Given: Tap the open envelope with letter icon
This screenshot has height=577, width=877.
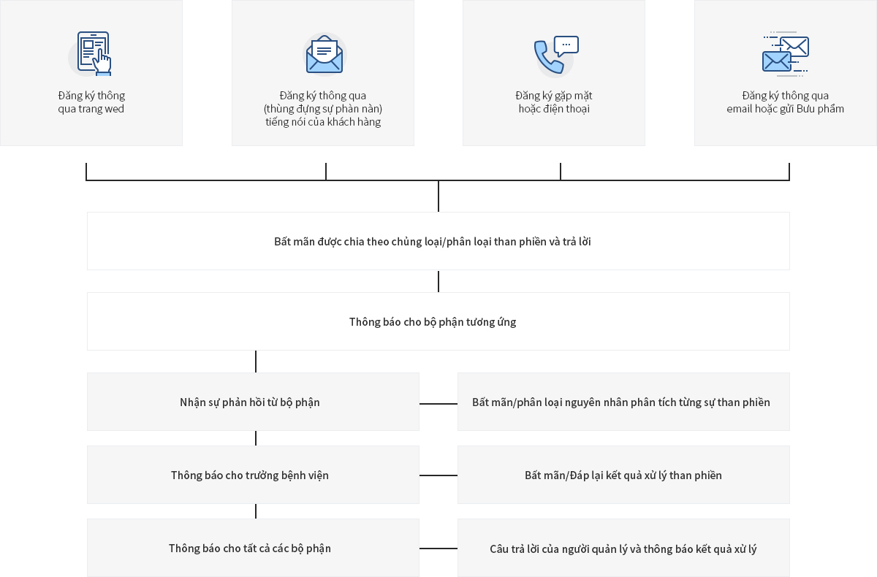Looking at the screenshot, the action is [324, 54].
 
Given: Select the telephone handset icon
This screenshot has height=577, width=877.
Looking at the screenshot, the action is [548, 58].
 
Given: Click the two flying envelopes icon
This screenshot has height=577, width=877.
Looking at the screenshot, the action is [786, 54].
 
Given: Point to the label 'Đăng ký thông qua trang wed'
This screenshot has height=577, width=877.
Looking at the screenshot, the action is [91, 102].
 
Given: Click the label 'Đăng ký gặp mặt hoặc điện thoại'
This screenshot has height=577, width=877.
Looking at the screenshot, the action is [554, 102].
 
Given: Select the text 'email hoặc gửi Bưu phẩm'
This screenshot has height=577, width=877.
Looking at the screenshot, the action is [786, 109].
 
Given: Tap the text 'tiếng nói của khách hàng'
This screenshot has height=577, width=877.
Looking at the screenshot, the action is [323, 122].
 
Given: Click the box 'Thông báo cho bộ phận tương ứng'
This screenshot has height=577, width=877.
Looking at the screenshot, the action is [438, 321].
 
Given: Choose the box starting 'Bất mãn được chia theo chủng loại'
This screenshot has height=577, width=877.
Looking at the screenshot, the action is [438, 241].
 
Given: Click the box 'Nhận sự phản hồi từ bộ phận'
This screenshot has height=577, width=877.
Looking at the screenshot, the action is [253, 402].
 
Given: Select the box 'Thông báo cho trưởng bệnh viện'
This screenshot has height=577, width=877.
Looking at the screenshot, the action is [253, 475].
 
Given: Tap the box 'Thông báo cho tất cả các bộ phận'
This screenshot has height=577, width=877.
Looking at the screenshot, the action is [253, 548].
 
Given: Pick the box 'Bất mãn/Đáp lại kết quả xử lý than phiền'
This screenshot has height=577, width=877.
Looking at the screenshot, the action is [623, 475].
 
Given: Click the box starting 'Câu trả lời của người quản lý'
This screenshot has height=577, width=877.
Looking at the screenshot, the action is [623, 548].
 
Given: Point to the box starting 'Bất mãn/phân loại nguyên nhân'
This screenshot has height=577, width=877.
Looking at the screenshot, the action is [623, 402].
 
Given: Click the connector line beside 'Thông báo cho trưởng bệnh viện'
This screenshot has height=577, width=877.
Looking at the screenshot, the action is [438, 475].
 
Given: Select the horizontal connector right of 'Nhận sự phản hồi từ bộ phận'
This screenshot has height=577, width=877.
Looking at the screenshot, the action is [438, 404].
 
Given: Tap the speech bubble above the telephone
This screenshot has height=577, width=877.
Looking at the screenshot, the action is [566, 46].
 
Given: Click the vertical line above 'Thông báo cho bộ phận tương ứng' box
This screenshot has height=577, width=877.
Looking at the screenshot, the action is [438, 281].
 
